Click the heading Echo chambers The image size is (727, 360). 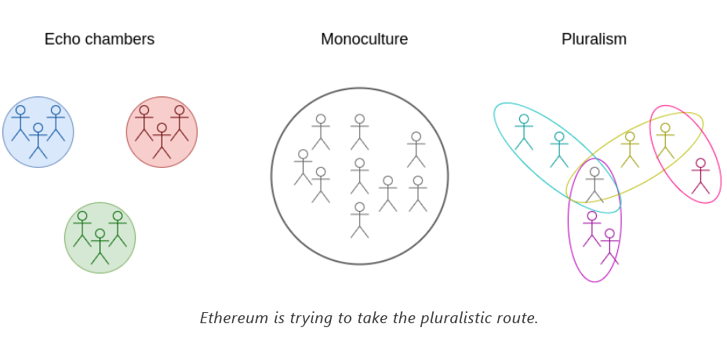[x=99, y=39]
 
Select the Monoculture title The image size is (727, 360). [x=364, y=39]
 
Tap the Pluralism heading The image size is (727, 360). [x=594, y=39]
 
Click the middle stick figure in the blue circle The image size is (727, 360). [x=38, y=140]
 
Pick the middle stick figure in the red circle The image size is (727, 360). [x=162, y=140]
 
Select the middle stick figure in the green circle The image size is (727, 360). [x=100, y=246]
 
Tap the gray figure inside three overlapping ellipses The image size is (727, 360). [x=594, y=184]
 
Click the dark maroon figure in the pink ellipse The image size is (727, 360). [x=700, y=176]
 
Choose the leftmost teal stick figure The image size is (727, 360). [x=524, y=132]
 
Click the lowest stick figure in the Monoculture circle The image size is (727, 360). [x=359, y=220]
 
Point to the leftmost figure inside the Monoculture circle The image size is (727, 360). [x=303, y=167]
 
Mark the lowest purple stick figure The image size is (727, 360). [x=609, y=246]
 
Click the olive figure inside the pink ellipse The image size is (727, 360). [x=665, y=140]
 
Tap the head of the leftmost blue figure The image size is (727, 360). [x=20, y=111]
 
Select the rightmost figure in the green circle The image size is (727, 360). [x=118, y=229]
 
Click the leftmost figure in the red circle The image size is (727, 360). [x=144, y=123]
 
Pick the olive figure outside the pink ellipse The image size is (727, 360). [x=630, y=149]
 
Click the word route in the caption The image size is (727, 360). [x=519, y=318]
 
